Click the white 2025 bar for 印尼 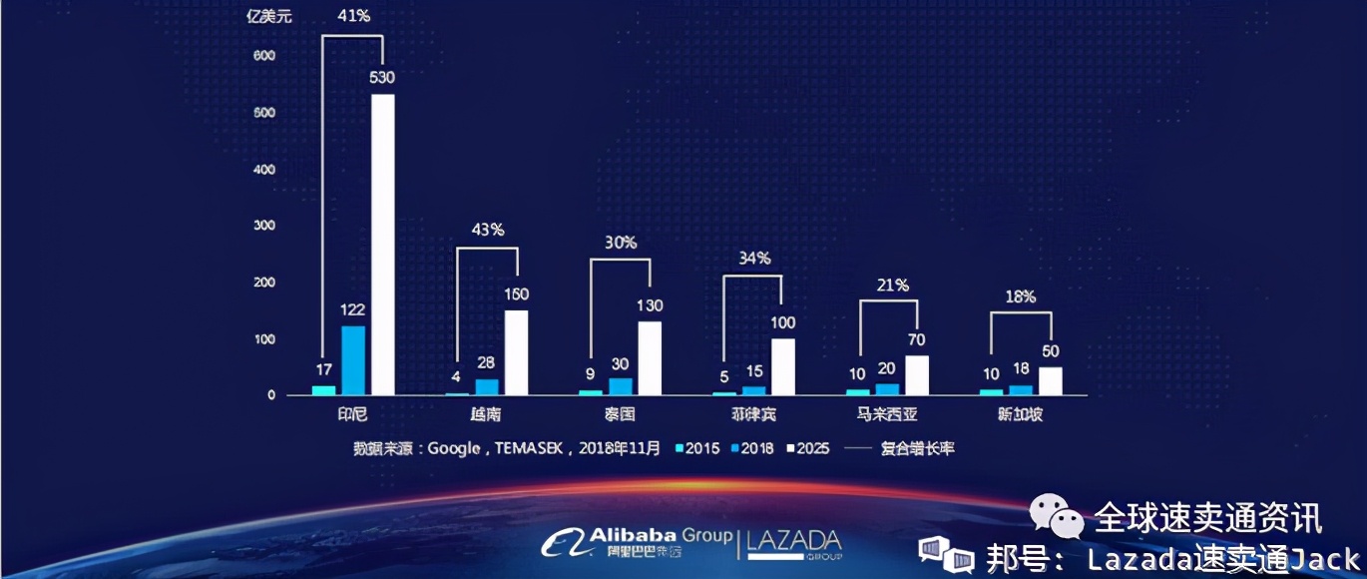coord(383,245)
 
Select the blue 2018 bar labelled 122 coord(353,360)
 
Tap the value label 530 coord(383,77)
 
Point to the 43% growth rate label coord(487,230)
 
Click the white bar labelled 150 coord(517,352)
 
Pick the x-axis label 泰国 coord(620,414)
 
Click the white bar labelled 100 coord(783,366)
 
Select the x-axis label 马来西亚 coord(886,414)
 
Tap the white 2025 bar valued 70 coord(917,375)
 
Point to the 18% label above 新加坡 coord(1020,296)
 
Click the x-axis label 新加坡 coord(1020,414)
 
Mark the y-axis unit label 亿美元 coord(269,15)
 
